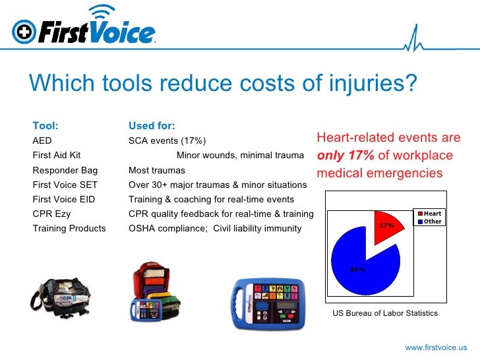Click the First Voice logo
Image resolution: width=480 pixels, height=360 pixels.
[x=84, y=30]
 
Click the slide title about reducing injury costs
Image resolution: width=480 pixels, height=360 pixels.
[x=224, y=84]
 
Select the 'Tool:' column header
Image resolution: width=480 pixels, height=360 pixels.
[x=45, y=126]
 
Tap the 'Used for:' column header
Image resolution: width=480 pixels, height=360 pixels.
[x=152, y=126]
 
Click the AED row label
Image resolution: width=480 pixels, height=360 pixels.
[x=42, y=140]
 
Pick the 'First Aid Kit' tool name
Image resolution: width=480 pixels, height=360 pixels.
[x=57, y=155]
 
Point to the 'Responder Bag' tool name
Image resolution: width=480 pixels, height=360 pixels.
[x=65, y=170]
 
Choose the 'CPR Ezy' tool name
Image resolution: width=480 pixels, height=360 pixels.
[x=51, y=214]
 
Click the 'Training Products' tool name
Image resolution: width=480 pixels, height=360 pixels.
[x=69, y=228]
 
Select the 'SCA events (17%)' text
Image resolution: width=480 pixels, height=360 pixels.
[x=167, y=140]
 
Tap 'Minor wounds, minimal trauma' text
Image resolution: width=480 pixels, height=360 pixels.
[x=240, y=155]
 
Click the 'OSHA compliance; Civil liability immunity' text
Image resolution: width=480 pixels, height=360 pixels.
[x=215, y=228]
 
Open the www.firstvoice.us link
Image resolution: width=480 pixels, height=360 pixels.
[x=436, y=347]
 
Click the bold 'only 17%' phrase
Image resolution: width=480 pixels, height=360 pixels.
[x=345, y=156]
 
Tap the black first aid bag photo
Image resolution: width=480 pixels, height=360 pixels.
[x=63, y=289]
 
